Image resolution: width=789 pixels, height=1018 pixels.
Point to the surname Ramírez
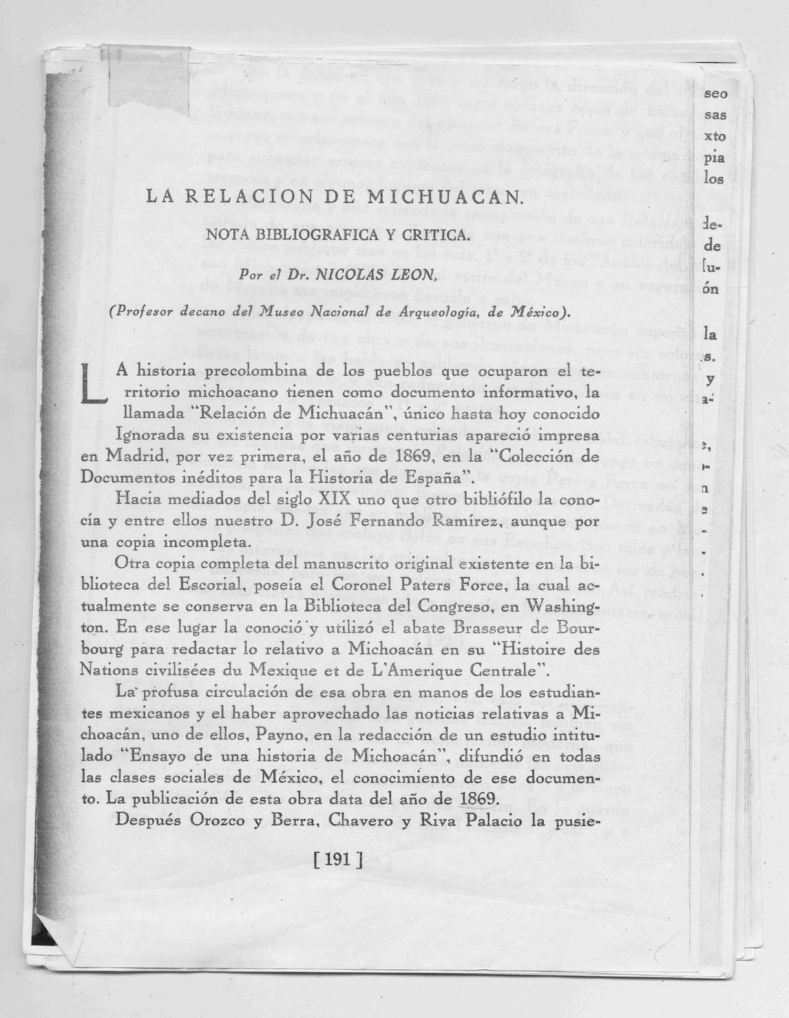470,520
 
